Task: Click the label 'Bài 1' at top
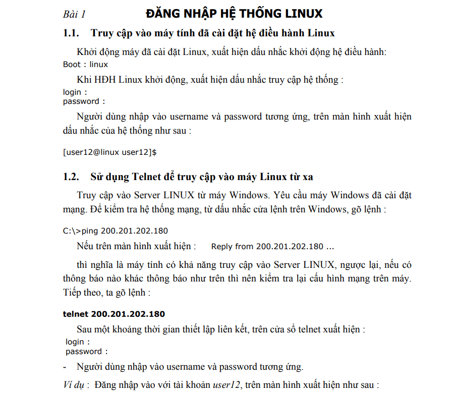coord(74,14)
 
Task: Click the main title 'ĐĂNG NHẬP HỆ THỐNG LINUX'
coord(234,13)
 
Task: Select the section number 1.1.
coord(71,33)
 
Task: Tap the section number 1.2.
coord(71,177)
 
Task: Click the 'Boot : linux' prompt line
coord(85,65)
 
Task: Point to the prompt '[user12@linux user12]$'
coord(109,151)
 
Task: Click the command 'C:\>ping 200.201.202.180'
coord(116,231)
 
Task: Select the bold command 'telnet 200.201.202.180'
coord(114,314)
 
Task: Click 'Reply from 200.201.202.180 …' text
coord(272,247)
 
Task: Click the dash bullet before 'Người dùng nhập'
coord(65,367)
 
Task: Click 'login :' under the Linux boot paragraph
coord(75,92)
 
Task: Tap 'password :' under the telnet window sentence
coord(86,351)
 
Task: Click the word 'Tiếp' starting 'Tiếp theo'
coord(72,293)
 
